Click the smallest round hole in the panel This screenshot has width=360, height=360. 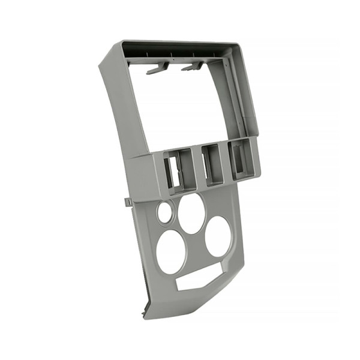pyautogui.click(x=164, y=212)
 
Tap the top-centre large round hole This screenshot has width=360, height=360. pyautogui.click(x=192, y=214)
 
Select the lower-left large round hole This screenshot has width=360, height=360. pyautogui.click(x=172, y=251)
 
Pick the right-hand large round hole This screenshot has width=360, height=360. pyautogui.click(x=218, y=236)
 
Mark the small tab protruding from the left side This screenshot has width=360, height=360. pyautogui.click(x=128, y=202)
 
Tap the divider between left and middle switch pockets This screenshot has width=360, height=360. pyautogui.click(x=194, y=171)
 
